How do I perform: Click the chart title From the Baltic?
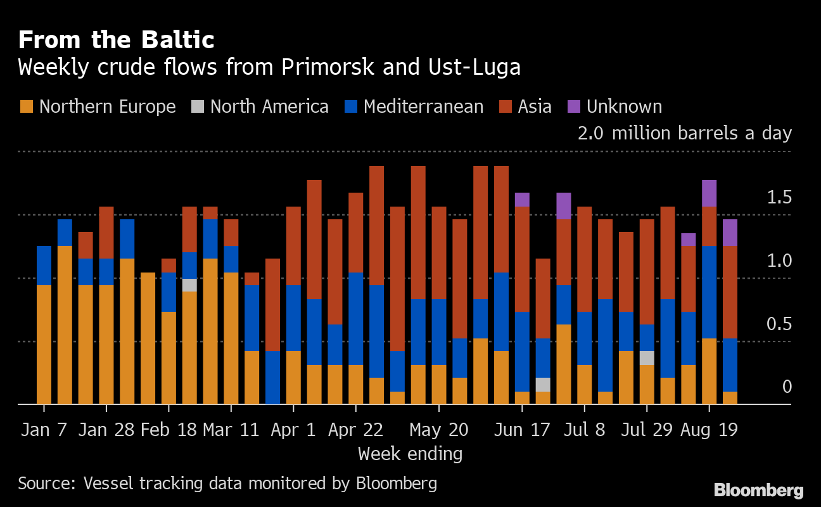(116, 40)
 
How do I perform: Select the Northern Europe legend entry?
(98, 106)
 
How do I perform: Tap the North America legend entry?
(260, 106)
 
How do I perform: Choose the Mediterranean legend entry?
(414, 106)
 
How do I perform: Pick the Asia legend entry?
(525, 106)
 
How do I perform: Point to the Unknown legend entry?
(615, 106)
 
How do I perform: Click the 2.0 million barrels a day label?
(684, 133)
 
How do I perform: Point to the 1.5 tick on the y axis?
(779, 198)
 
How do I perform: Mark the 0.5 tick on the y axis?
(779, 324)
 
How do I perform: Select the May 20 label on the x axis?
(438, 430)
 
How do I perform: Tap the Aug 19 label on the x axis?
(709, 430)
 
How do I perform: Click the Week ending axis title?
(410, 454)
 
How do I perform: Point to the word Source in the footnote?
(45, 484)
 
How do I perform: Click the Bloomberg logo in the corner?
(758, 490)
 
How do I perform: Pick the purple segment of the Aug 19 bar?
(709, 193)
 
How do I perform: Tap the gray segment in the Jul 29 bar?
(647, 358)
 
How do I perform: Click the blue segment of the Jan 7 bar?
(44, 265)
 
